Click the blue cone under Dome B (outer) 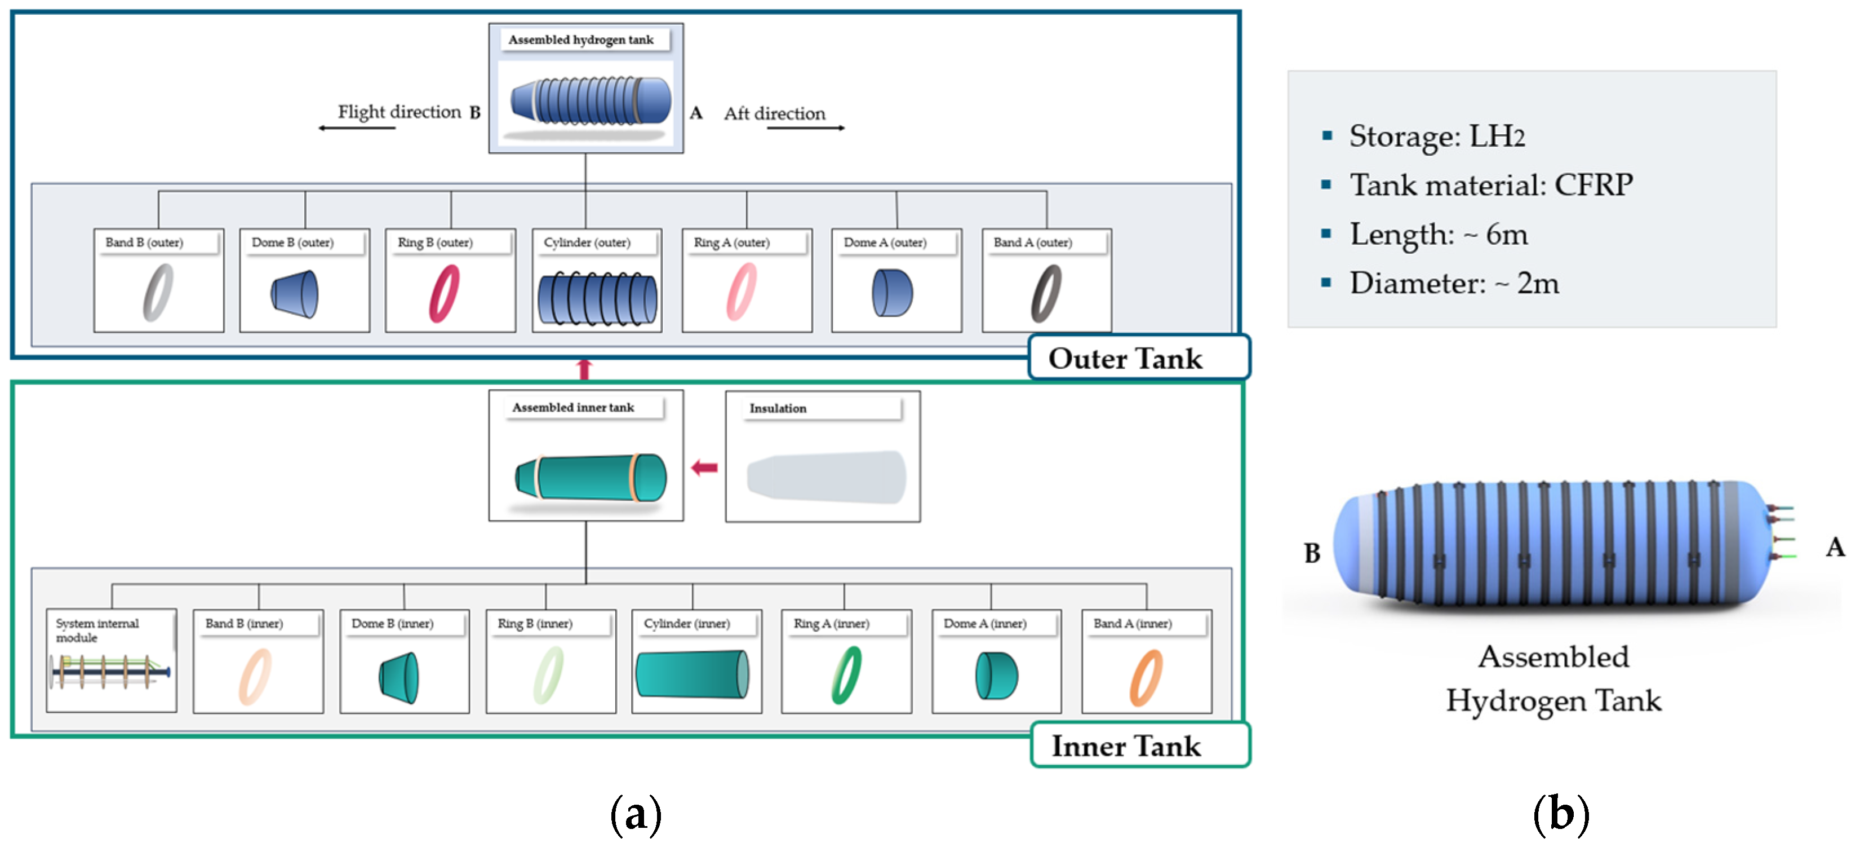tap(295, 294)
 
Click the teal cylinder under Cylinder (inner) tap(693, 674)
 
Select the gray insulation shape tap(827, 477)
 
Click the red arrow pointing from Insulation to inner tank tap(704, 468)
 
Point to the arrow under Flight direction tap(357, 128)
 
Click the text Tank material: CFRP tap(1491, 185)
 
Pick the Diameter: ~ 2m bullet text tap(1454, 283)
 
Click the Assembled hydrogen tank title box tap(582, 39)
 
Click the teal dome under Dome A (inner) tap(996, 676)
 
